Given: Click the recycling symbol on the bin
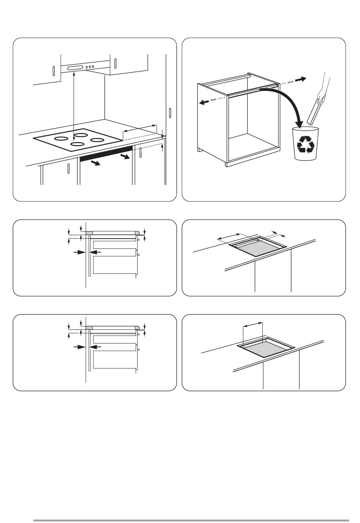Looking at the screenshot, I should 306,145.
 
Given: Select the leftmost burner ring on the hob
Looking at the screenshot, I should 61,139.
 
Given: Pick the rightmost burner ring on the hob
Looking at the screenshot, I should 97,140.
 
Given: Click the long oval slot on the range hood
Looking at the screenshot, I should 75,68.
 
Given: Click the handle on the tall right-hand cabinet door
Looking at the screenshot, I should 170,112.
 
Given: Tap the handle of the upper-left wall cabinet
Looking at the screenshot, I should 53,70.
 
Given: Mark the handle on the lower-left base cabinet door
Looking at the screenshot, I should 68,168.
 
